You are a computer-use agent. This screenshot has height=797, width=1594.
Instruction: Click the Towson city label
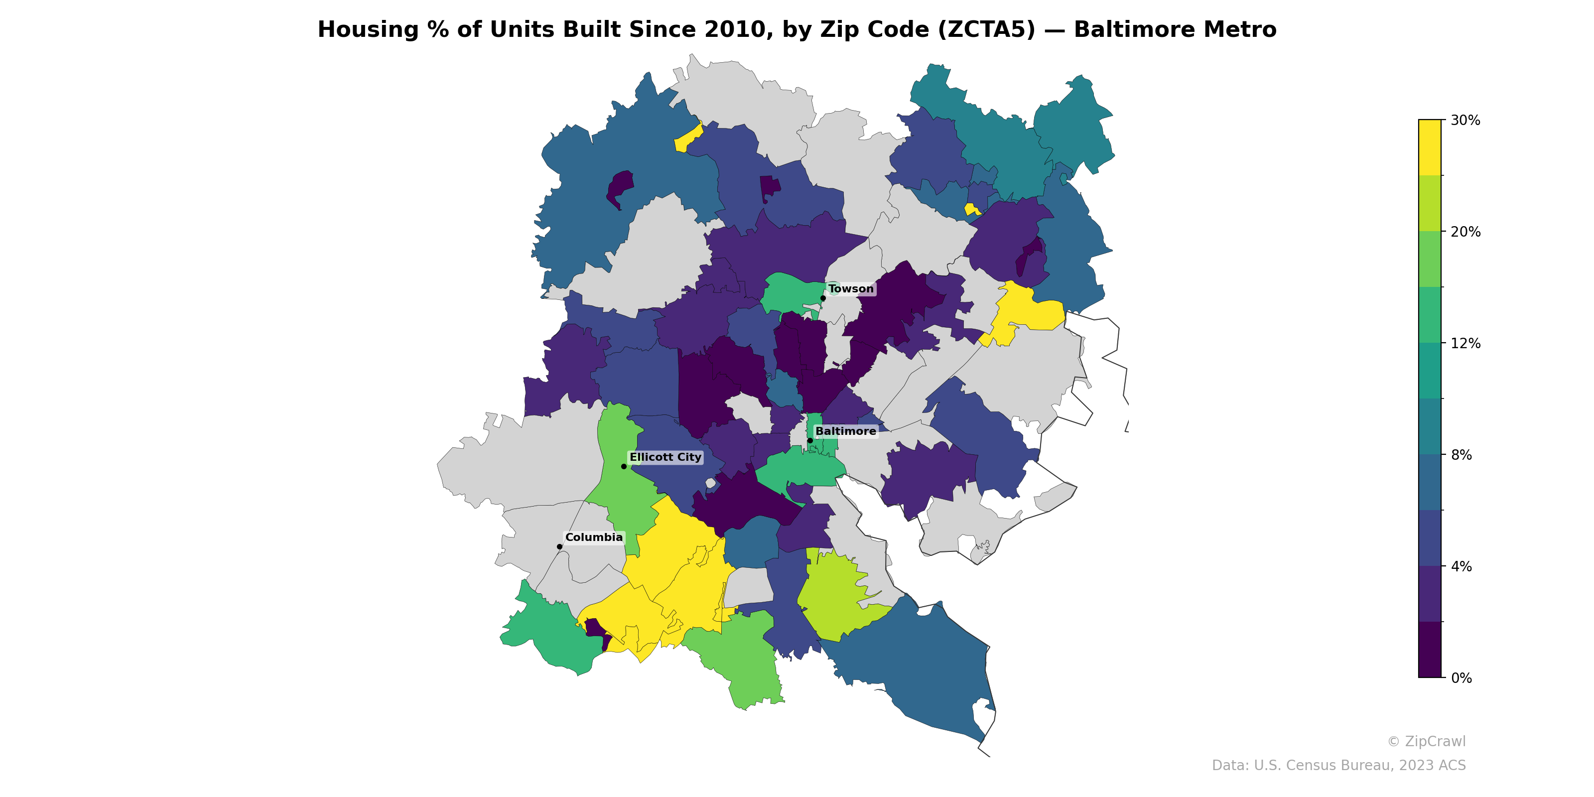tap(851, 289)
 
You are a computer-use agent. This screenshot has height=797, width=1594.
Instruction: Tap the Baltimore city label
tap(845, 431)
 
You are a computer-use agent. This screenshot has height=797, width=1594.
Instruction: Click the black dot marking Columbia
tap(559, 546)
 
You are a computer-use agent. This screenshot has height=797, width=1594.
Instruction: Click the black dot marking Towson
tap(823, 298)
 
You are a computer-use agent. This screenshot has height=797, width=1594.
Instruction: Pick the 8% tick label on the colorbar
tap(1461, 455)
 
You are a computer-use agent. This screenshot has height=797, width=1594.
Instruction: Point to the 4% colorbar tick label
tap(1461, 566)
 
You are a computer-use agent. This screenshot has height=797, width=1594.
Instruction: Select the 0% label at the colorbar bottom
tap(1461, 678)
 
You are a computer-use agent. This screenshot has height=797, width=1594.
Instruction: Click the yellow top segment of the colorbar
tap(1430, 147)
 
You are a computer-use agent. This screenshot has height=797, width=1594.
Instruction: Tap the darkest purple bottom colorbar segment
tap(1430, 650)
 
